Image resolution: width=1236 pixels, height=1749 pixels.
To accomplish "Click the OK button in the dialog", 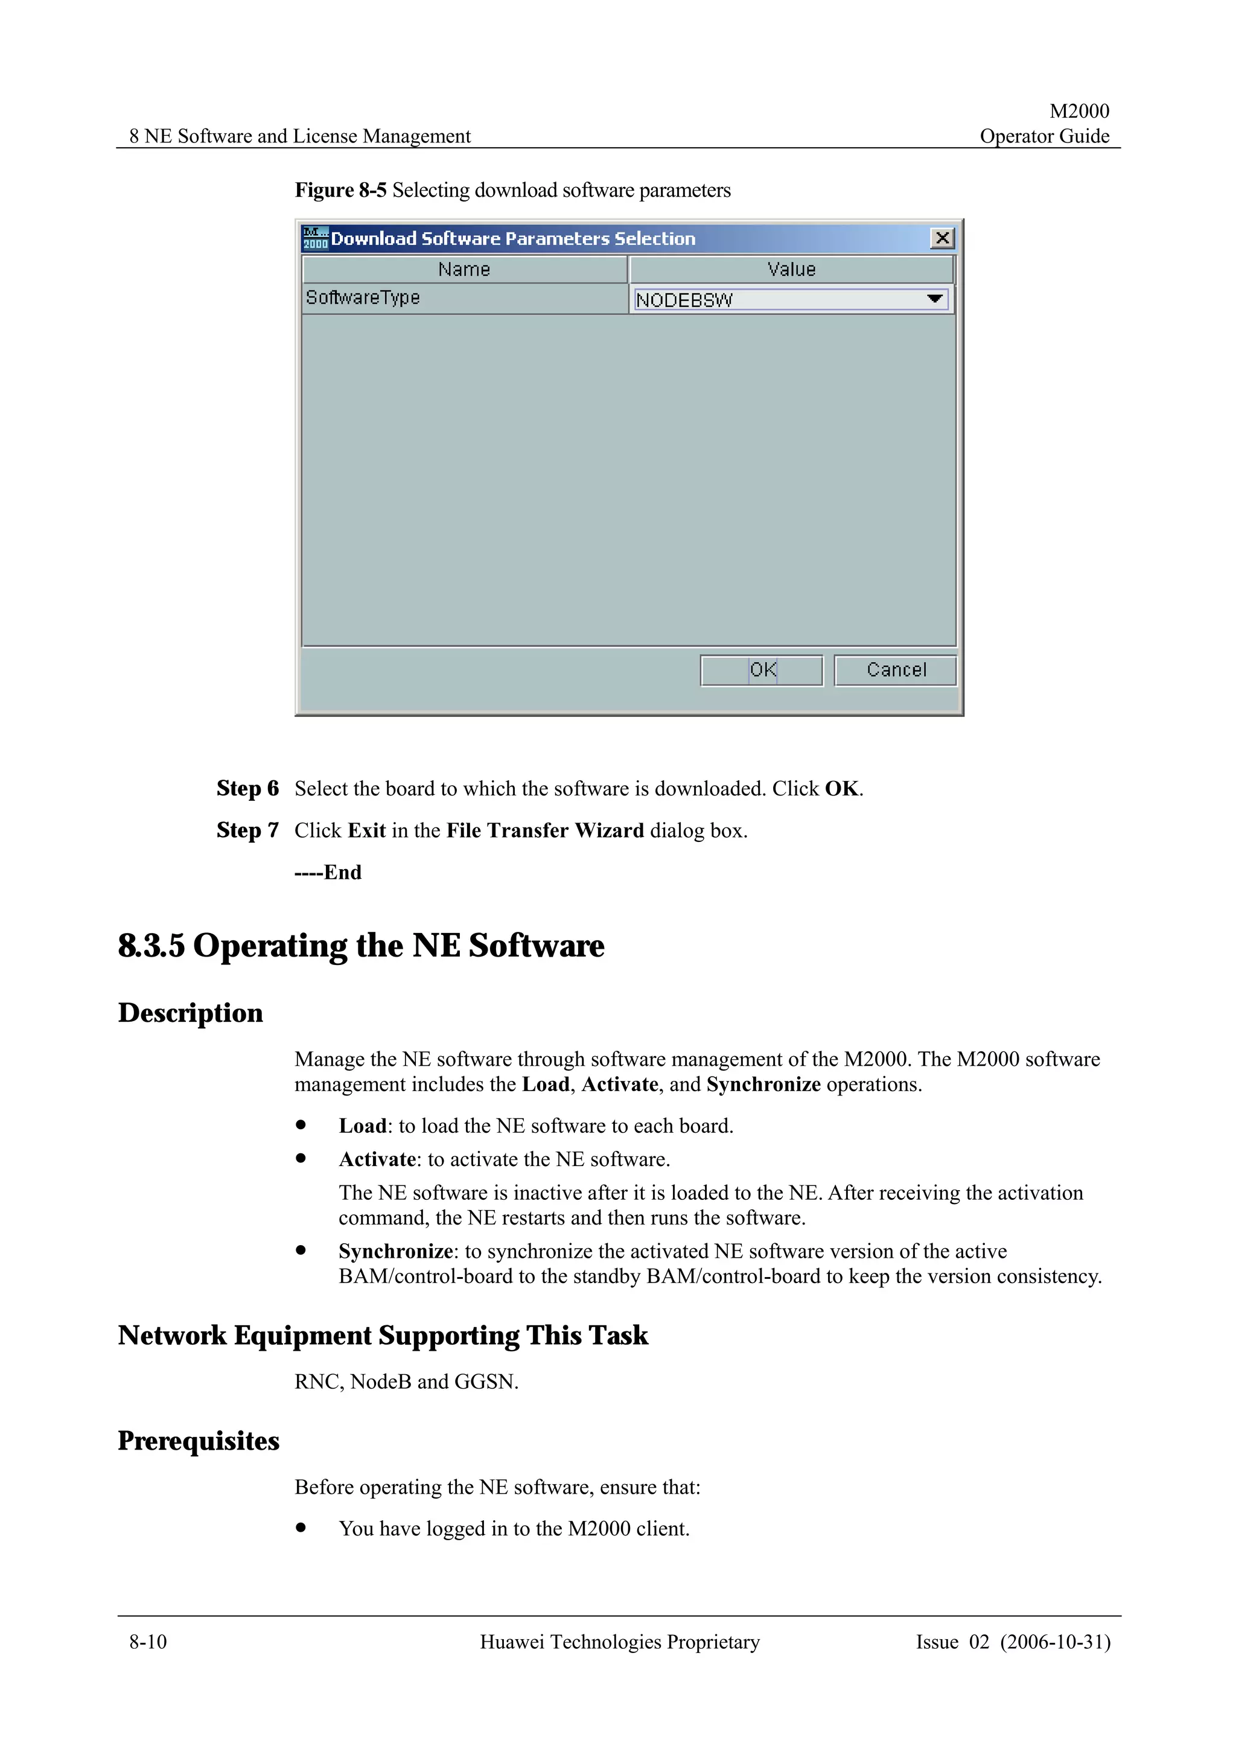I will click(x=761, y=671).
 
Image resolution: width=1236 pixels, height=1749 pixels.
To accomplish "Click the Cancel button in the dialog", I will click(x=895, y=671).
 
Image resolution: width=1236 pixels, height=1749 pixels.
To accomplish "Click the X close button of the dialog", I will click(x=942, y=238).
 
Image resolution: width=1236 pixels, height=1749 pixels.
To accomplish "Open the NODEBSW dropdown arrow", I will click(x=934, y=299).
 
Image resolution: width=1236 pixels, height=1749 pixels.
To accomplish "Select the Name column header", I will click(x=463, y=270).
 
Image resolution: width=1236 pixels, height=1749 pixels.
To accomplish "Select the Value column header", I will click(x=791, y=270).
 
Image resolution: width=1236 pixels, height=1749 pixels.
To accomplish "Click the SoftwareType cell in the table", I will click(x=363, y=298).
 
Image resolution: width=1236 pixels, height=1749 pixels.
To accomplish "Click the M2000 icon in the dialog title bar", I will click(x=314, y=238).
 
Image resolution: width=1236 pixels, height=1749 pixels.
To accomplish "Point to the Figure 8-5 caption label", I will click(x=340, y=191).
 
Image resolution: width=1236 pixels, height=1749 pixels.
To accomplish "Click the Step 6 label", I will click(x=247, y=788).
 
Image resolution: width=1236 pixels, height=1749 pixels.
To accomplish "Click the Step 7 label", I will click(x=247, y=830).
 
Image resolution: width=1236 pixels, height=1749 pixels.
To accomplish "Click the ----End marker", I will click(x=328, y=872).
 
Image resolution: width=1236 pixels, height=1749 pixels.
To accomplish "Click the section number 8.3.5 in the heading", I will click(x=151, y=946).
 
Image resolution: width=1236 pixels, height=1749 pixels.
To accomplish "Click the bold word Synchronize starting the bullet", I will click(x=396, y=1252).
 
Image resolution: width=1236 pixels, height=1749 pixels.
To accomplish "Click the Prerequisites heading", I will click(x=198, y=1441).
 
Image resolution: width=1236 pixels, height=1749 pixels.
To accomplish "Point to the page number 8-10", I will click(x=148, y=1642).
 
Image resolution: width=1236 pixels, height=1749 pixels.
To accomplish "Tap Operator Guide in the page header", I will click(x=1044, y=136).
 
